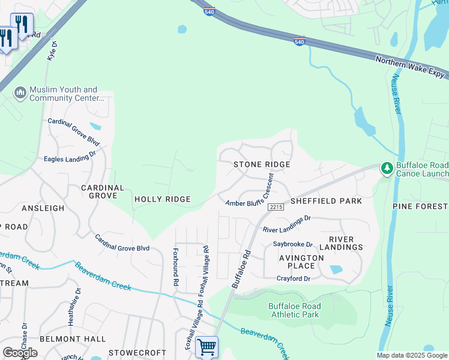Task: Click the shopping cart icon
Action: (206, 346)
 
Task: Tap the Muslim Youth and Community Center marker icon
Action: (20, 93)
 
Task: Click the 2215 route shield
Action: (276, 207)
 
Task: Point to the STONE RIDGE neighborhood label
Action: (262, 164)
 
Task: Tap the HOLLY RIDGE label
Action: (162, 199)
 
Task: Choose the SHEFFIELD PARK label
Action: (327, 201)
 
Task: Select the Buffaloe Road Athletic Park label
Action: (294, 310)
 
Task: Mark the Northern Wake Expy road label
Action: (411, 67)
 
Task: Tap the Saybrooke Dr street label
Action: (293, 245)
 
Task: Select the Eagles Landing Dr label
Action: (70, 157)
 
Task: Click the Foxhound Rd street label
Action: (176, 268)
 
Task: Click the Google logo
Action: (20, 353)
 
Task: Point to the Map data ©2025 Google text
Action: (412, 355)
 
